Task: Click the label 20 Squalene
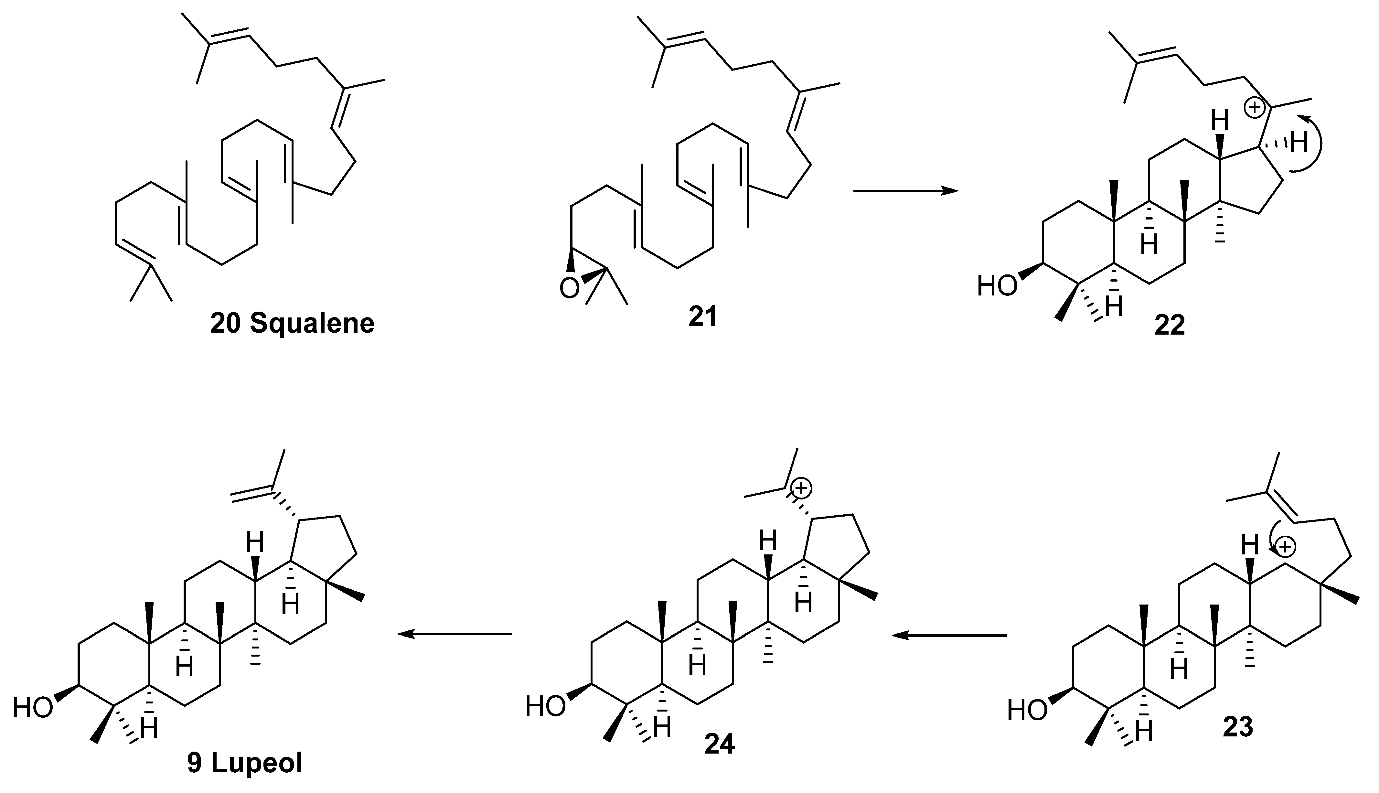293,324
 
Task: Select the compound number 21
702,317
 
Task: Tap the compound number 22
1169,326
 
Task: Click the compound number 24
720,744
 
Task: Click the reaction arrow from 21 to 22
905,191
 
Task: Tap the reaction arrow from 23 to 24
949,635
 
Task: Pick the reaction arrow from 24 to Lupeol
455,633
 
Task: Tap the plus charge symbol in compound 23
1285,547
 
